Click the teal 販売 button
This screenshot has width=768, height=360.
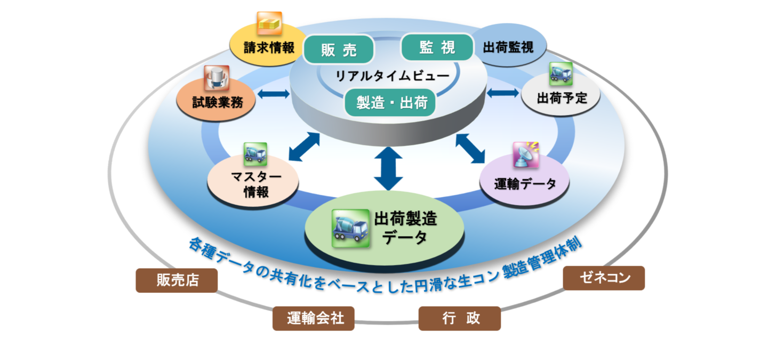pyautogui.click(x=339, y=50)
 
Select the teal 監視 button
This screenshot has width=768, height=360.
pyautogui.click(x=437, y=47)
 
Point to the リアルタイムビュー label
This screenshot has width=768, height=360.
pyautogui.click(x=391, y=76)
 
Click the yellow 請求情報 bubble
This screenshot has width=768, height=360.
pyautogui.click(x=268, y=48)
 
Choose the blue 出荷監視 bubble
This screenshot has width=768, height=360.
pyautogui.click(x=509, y=47)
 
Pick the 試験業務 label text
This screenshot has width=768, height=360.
pyautogui.click(x=217, y=102)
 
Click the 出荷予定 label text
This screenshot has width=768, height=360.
pyautogui.click(x=561, y=98)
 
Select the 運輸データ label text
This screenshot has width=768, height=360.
pyautogui.click(x=525, y=184)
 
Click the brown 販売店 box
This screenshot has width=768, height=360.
pyautogui.click(x=177, y=281)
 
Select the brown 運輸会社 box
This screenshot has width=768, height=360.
pyautogui.click(x=314, y=318)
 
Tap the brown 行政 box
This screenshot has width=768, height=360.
pyautogui.click(x=460, y=318)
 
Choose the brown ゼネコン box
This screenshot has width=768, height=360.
pyautogui.click(x=604, y=278)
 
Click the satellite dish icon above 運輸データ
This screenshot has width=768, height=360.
pyautogui.click(x=525, y=155)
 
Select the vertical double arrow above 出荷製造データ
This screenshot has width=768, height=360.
pyautogui.click(x=389, y=169)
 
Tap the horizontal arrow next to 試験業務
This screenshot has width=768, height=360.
pyautogui.click(x=273, y=94)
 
